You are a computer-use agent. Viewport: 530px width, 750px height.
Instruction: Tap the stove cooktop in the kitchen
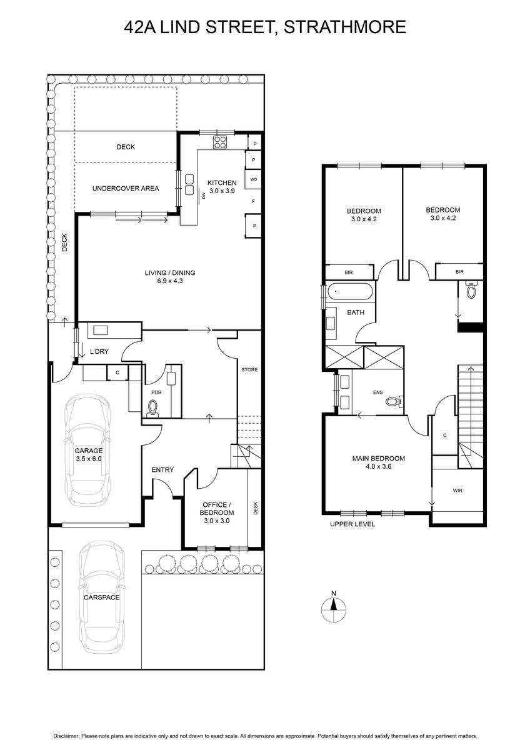click(x=220, y=142)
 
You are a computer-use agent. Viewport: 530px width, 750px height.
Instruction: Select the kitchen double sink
click(x=189, y=184)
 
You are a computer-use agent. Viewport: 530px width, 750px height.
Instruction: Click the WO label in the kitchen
click(x=254, y=179)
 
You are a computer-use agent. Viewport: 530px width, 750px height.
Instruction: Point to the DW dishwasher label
click(x=203, y=194)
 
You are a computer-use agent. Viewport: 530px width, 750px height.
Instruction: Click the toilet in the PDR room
click(x=152, y=409)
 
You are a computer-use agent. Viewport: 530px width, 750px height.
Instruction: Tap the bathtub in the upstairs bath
click(x=350, y=292)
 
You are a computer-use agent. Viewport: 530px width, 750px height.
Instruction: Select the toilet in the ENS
click(x=394, y=401)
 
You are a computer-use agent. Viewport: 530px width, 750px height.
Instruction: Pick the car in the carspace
click(x=102, y=596)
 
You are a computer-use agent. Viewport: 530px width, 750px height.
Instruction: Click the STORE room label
click(x=249, y=369)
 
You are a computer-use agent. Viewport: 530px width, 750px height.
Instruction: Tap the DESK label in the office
click(x=256, y=508)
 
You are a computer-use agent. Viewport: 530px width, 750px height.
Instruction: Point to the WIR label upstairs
click(x=457, y=491)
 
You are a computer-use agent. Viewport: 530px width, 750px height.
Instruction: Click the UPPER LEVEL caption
click(x=352, y=524)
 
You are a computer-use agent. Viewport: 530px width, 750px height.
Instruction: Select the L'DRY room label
click(x=99, y=351)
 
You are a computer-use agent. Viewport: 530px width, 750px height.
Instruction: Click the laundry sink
click(x=101, y=331)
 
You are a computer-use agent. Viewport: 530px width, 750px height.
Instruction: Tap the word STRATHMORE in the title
click(x=345, y=27)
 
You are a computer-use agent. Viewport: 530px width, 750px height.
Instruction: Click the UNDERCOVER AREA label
click(x=126, y=189)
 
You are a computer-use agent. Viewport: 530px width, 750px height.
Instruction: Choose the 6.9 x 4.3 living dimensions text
click(x=170, y=281)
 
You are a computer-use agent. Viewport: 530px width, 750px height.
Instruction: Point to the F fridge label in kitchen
click(x=253, y=201)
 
